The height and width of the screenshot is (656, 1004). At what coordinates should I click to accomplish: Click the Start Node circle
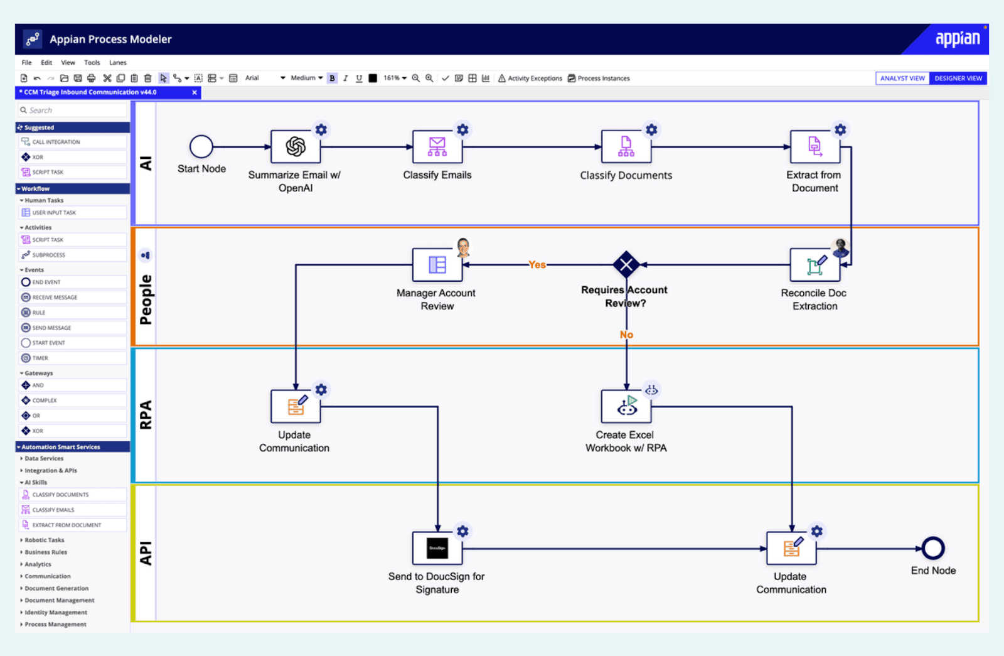tap(201, 147)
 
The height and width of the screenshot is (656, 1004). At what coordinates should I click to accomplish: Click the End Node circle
tap(933, 548)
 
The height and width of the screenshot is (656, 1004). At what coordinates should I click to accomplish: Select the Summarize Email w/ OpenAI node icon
tap(296, 147)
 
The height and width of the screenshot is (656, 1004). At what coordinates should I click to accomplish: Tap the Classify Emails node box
tap(437, 147)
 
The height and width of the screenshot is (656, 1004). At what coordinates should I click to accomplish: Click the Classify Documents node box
tap(626, 147)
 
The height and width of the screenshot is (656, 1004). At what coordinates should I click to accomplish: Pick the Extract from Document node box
tap(814, 147)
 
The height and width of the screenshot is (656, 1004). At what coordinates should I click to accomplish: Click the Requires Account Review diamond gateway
tap(626, 265)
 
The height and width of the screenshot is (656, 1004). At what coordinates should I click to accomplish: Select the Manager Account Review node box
tap(437, 265)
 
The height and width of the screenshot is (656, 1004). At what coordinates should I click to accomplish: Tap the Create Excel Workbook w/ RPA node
tap(626, 407)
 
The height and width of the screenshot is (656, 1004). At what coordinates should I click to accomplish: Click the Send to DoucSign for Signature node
tap(437, 548)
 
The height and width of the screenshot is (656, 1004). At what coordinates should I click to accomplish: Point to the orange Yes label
tap(537, 265)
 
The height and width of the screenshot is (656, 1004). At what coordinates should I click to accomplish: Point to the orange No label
tap(626, 335)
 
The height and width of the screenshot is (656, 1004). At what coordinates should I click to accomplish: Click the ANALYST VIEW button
tap(902, 78)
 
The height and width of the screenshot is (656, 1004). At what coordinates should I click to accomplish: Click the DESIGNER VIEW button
tap(958, 78)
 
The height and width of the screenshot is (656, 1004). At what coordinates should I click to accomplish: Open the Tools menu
tap(92, 63)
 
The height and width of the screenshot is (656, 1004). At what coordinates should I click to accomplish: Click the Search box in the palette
tap(72, 110)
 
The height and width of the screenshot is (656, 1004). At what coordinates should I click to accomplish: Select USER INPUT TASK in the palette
tap(54, 213)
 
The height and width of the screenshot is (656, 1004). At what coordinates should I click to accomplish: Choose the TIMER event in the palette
tap(40, 358)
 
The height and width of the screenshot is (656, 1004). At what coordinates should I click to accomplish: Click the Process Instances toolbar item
tap(599, 78)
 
